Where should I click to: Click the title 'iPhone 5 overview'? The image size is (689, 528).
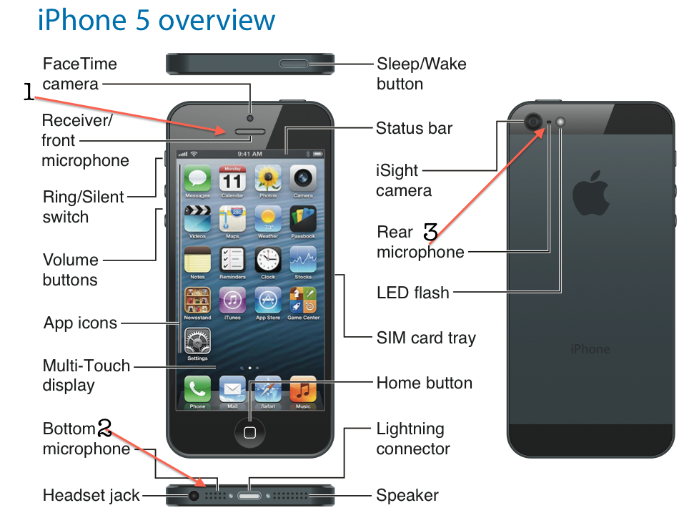pos(157,20)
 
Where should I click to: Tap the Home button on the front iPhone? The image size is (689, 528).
pos(249,432)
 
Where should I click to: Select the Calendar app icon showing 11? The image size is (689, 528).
pos(232,179)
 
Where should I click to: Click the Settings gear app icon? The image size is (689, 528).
pos(197,341)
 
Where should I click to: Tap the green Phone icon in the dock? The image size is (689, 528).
pos(197,389)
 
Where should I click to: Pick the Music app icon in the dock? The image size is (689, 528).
pos(303,389)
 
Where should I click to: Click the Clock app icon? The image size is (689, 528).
pos(268,260)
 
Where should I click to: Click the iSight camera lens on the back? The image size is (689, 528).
pos(533,121)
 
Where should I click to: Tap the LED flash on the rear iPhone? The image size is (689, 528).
pos(560,122)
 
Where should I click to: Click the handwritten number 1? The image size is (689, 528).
pos(29,92)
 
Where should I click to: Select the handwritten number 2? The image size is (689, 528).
pos(104,427)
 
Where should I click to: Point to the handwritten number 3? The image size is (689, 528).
pos(430,231)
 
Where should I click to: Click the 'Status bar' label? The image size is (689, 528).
pos(414,128)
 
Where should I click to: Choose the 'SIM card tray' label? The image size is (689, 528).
pos(426,338)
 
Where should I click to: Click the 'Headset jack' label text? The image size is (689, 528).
pos(91,495)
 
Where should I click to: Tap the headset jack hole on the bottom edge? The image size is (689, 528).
pos(194,496)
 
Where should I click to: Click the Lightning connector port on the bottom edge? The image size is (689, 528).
pos(249,496)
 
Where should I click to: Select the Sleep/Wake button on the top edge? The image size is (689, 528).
pos(294,64)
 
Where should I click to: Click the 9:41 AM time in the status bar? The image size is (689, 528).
pos(249,154)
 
